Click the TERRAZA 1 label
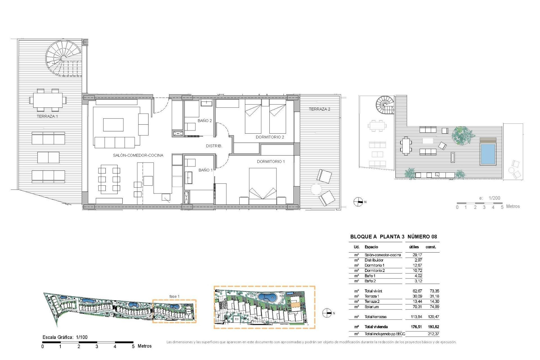tap(47, 116)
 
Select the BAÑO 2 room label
tap(204, 121)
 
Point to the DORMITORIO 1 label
tap(271, 161)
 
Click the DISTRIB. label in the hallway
tap(214, 146)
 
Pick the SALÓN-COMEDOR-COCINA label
tap(138, 155)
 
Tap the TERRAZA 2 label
tap(319, 109)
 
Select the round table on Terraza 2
tap(316, 189)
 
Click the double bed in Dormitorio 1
tap(263, 186)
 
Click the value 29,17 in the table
tap(417, 255)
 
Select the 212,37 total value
tap(433, 334)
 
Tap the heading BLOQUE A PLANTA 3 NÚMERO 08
tap(393, 237)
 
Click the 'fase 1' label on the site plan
tap(174, 296)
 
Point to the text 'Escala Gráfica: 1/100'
tap(65, 337)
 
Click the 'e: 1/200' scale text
tap(490, 198)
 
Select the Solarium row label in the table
tap(372, 307)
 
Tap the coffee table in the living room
tap(113, 125)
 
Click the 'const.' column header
tap(431, 247)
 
